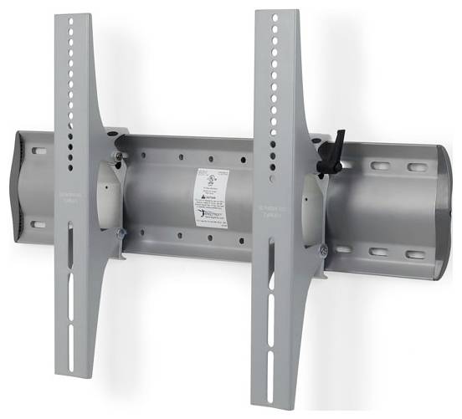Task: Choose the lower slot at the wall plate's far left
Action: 38,223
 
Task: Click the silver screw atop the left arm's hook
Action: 120,156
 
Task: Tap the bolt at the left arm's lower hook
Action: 122,233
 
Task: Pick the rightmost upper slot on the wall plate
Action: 416,167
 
